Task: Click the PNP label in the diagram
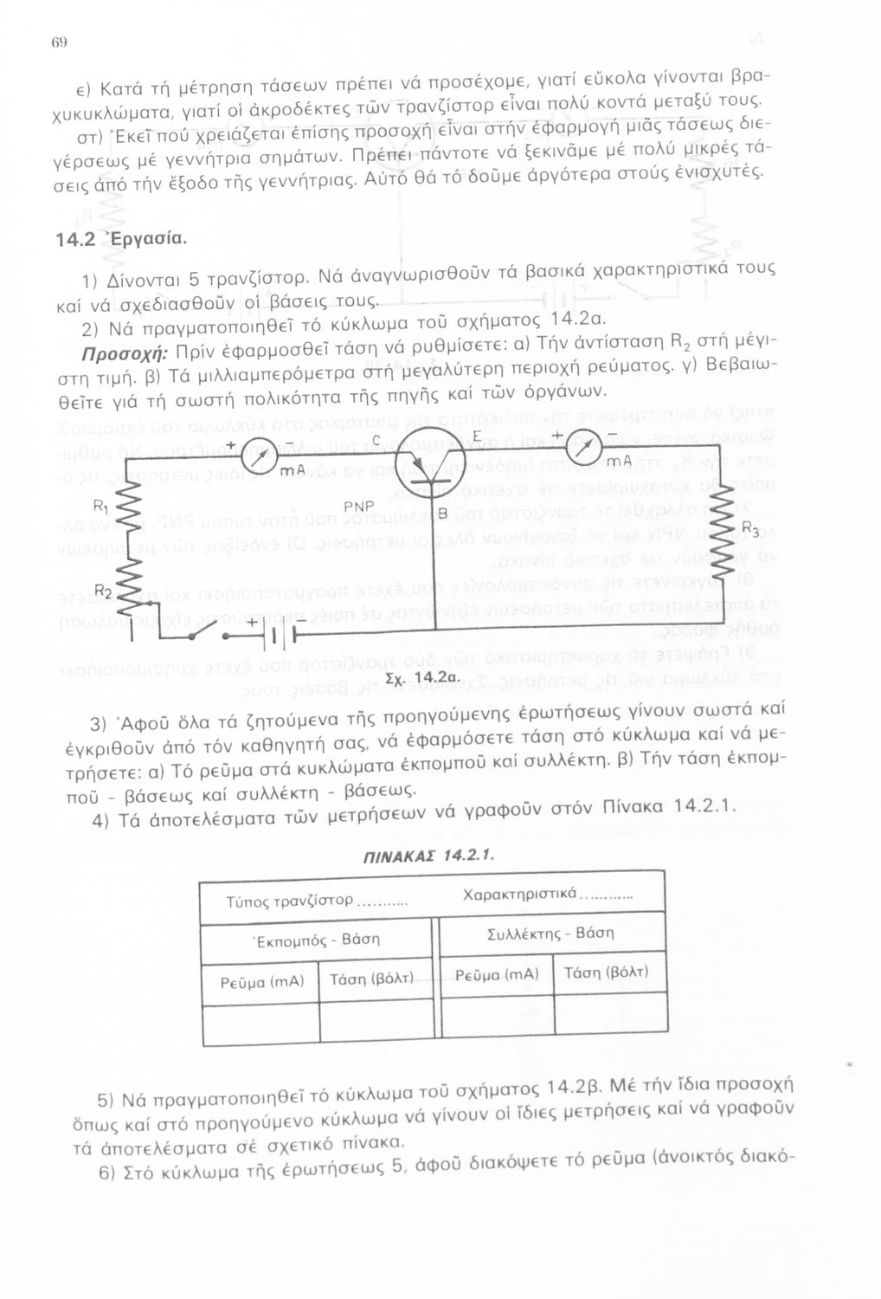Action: tap(357, 506)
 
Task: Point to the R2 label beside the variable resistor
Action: tap(103, 591)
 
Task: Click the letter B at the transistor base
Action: tap(440, 515)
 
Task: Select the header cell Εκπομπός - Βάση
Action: tap(316, 939)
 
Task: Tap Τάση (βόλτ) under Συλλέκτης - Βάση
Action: tap(606, 973)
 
